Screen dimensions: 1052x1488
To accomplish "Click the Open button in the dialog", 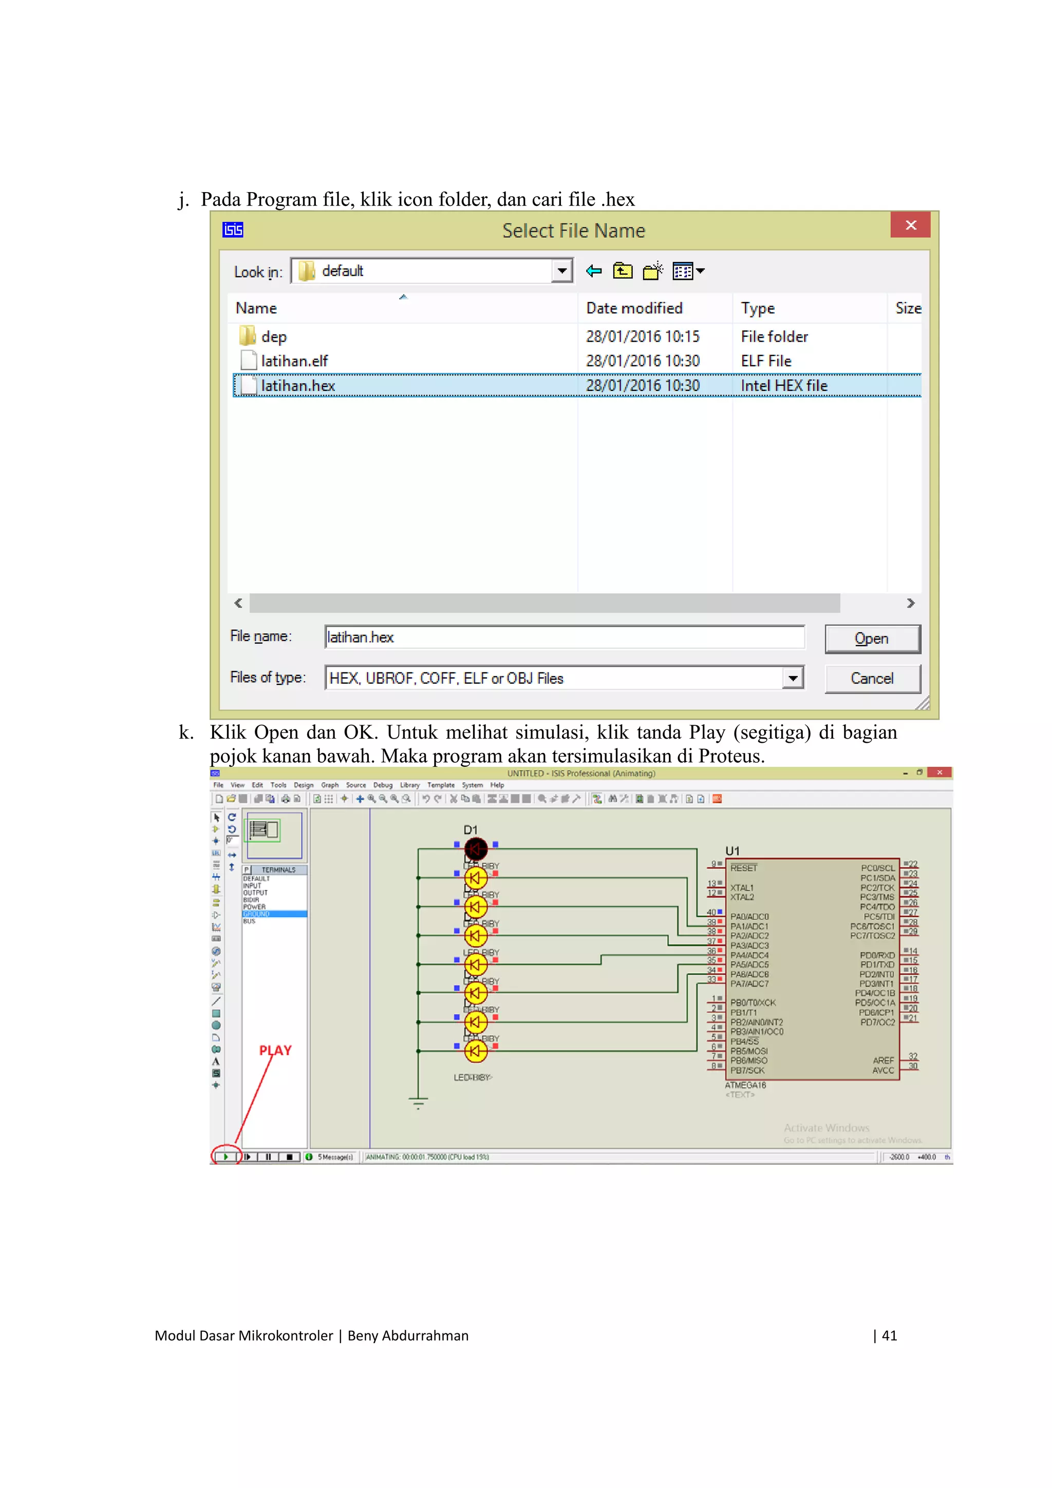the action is click(871, 638).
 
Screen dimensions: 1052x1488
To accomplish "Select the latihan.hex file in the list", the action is click(297, 386).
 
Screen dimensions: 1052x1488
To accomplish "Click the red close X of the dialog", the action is click(910, 225).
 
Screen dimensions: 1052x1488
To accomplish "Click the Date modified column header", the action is click(634, 309).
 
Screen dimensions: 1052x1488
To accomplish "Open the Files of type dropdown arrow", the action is click(793, 679).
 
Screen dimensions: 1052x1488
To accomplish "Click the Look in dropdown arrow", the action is click(562, 271).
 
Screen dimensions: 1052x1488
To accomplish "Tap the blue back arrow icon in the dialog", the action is click(593, 271).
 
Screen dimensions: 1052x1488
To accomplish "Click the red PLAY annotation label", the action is click(275, 1050).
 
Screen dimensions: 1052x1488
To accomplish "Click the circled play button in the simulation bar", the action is click(226, 1156).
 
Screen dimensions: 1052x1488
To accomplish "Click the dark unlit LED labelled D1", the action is click(476, 849).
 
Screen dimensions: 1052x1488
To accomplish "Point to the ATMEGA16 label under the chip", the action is click(745, 1085).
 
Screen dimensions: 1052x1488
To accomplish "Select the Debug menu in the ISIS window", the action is click(382, 785).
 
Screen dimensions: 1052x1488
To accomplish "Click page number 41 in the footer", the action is click(889, 1335).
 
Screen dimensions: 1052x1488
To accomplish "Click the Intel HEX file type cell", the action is click(784, 386).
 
